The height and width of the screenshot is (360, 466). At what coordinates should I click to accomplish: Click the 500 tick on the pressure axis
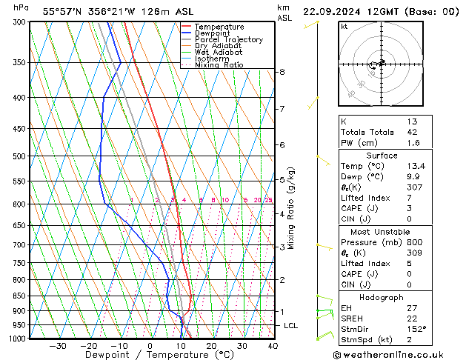[19, 156]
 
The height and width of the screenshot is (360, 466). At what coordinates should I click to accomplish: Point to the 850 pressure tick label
[19, 296]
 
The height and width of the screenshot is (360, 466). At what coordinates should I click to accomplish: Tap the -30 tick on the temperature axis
[58, 346]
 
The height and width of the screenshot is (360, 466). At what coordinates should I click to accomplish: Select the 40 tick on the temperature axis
[273, 346]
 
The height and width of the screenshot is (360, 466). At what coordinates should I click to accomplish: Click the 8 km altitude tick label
[282, 72]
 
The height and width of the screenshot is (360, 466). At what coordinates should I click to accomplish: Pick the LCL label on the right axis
[292, 326]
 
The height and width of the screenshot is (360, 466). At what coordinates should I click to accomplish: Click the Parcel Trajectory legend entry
[228, 39]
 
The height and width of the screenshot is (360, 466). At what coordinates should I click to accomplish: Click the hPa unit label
[21, 7]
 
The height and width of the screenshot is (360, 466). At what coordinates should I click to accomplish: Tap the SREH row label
[352, 318]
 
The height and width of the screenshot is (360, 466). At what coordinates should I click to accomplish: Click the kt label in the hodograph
[344, 26]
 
